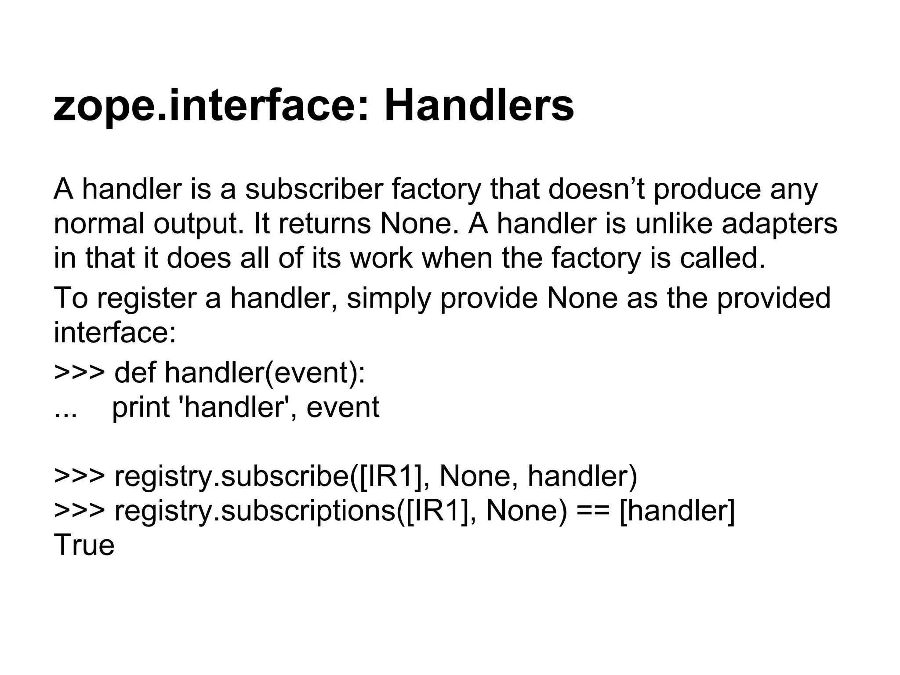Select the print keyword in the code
141,407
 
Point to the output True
84,545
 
